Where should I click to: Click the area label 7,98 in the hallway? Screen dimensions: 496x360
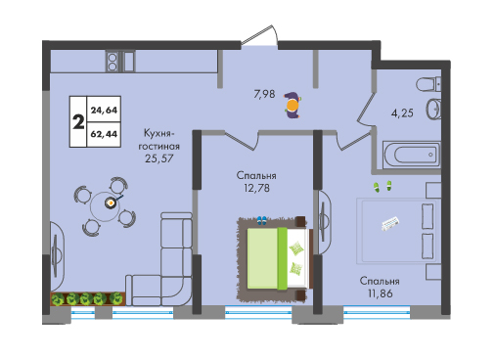click(264, 94)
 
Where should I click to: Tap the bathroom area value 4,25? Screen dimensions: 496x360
click(402, 113)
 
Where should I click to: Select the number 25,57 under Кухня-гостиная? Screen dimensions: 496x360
click(159, 158)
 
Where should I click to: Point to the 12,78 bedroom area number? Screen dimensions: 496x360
click(256, 188)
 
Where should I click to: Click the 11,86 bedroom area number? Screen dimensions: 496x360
click(381, 293)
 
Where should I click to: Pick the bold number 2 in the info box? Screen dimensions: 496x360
click(78, 122)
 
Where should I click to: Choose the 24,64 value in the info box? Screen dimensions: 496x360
click(104, 111)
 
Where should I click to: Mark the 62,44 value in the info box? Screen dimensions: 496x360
click(104, 134)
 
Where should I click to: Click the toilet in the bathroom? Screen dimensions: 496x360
click(428, 84)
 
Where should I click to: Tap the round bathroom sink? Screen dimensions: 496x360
click(433, 109)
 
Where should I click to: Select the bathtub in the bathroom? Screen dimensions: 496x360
click(412, 155)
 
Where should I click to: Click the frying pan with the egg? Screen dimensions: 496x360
click(112, 202)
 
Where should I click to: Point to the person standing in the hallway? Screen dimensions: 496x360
click(293, 105)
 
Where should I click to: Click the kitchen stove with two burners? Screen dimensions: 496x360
click(113, 62)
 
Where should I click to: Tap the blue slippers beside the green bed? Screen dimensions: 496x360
click(261, 221)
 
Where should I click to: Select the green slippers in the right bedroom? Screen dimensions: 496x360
click(383, 187)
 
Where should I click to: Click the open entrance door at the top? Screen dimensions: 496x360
click(260, 35)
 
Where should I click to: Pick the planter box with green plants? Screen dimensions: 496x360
click(88, 298)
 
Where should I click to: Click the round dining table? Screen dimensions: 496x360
click(105, 206)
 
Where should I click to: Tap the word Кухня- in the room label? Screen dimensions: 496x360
click(159, 134)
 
